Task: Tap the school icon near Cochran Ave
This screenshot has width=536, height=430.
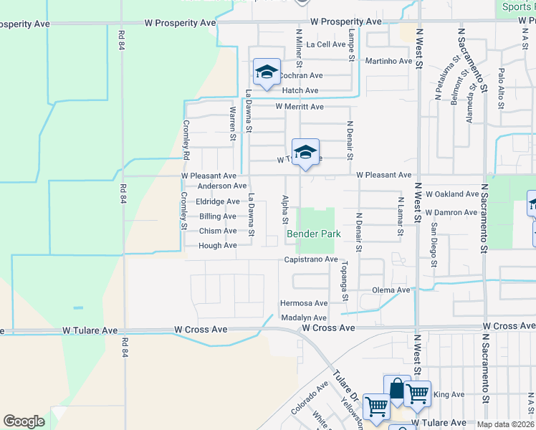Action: point(267,72)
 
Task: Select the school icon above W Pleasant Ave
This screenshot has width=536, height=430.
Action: point(305,152)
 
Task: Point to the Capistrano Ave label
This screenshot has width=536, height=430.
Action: point(310,259)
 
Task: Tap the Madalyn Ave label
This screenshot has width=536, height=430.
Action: point(303,317)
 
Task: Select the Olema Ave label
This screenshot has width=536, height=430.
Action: point(391,290)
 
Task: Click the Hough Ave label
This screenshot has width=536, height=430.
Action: point(217,245)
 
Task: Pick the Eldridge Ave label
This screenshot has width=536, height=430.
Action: point(217,202)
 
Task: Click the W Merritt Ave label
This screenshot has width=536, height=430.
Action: point(300,107)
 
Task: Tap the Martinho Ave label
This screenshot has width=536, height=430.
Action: point(388,61)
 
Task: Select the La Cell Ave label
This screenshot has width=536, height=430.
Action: point(326,44)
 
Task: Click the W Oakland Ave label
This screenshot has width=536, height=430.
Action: point(451,194)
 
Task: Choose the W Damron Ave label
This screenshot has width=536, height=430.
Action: point(451,213)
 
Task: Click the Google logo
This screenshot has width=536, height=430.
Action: point(24,421)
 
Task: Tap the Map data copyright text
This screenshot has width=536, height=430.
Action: point(505,424)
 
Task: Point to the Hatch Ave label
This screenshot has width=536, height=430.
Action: point(300,90)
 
